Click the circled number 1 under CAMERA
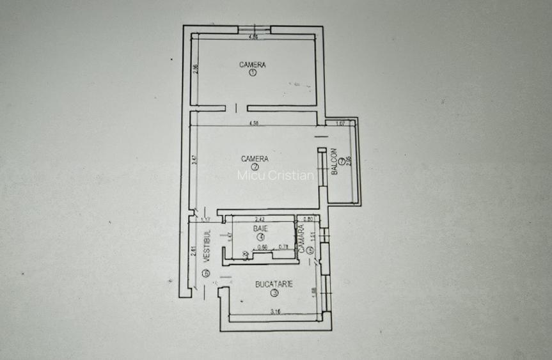tap(253, 74)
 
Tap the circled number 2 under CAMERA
tap(255, 168)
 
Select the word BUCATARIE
tap(274, 285)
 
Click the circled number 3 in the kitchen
tap(274, 293)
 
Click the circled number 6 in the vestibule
tap(206, 274)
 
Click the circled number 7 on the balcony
tap(342, 162)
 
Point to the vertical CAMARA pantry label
tap(301, 242)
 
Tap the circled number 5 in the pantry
tap(309, 251)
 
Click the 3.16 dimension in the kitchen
tap(276, 313)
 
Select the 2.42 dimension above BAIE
tap(260, 219)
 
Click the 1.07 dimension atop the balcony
tap(340, 123)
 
